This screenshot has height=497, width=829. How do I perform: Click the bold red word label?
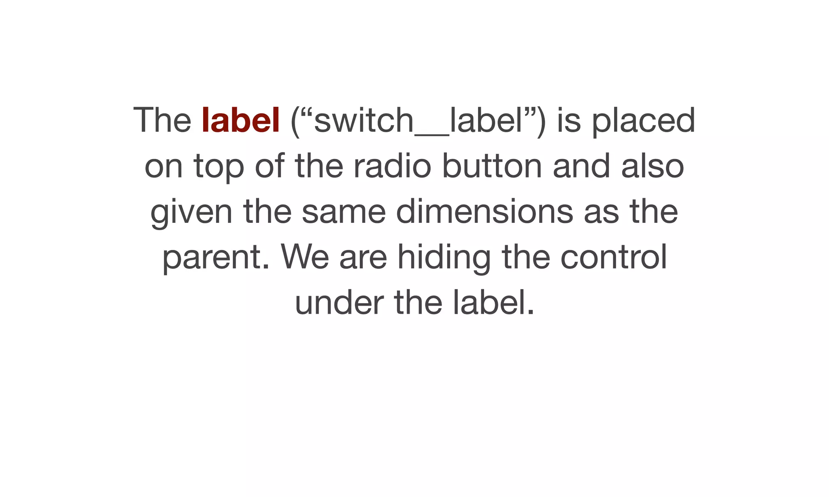pos(240,120)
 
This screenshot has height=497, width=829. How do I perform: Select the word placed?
pos(644,120)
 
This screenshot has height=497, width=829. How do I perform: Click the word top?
pos(219,167)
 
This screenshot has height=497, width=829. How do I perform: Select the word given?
pos(191,212)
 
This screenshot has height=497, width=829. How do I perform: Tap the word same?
pos(344,212)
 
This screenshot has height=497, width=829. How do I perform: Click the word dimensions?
pos(484,211)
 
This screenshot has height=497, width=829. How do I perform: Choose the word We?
pos(304,257)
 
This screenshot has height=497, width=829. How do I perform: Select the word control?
pos(613,257)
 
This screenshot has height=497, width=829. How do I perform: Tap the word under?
pos(339,303)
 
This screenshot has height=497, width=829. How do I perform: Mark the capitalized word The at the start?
pos(162,120)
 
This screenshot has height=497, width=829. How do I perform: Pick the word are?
pos(363,258)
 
